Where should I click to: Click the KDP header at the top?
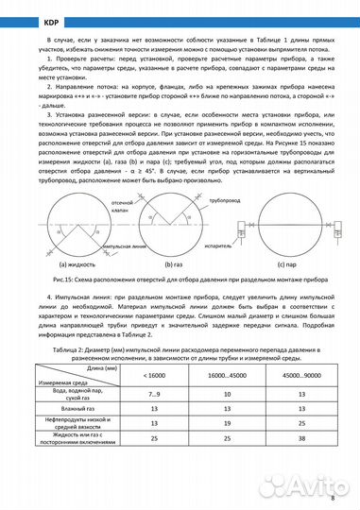click(22, 17)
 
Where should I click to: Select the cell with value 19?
click(227, 423)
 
